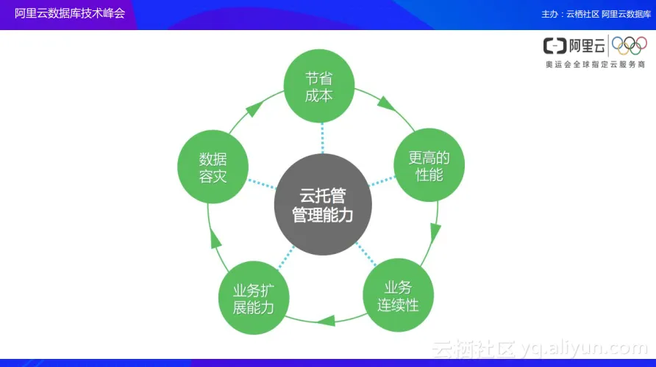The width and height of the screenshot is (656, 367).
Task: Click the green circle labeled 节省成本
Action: tap(319, 87)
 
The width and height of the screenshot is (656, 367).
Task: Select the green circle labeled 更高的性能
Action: tap(429, 166)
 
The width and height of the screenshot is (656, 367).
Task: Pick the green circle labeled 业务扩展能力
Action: tap(253, 297)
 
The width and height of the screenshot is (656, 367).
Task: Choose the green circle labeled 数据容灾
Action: tap(213, 167)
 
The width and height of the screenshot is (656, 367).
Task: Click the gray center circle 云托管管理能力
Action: tap(323, 205)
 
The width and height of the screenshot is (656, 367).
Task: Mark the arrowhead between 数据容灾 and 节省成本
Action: tap(252, 109)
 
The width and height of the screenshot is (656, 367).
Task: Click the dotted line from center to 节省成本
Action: tap(321, 139)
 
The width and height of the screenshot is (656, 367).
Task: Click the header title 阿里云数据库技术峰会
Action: tap(70, 13)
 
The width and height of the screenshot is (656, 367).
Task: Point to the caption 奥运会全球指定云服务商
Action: tap(595, 65)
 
